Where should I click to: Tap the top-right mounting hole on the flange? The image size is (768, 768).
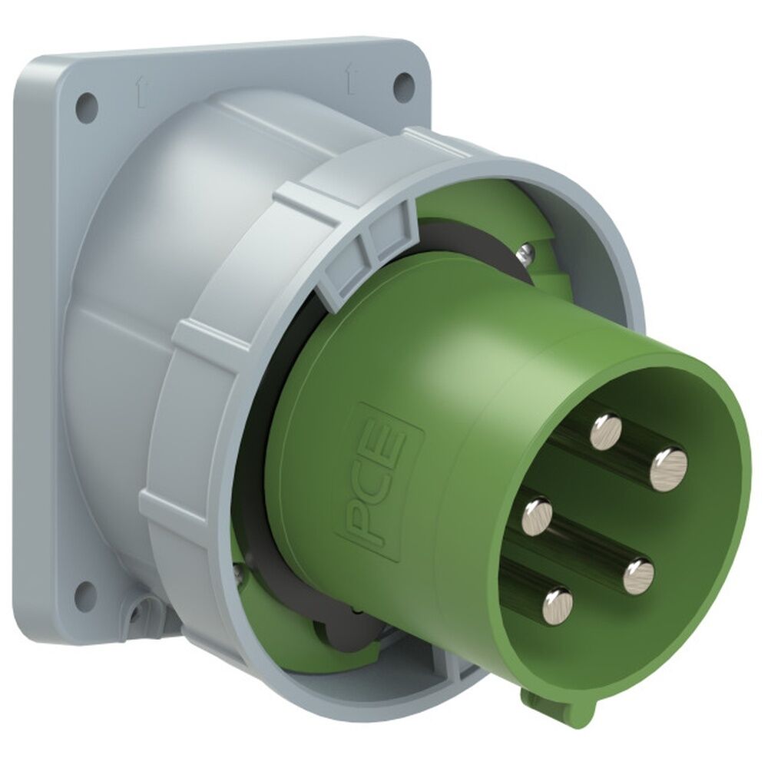402,84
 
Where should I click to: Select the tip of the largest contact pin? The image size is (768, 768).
668,468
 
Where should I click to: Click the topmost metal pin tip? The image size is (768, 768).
606,431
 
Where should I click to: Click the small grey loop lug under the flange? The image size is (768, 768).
143,615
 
